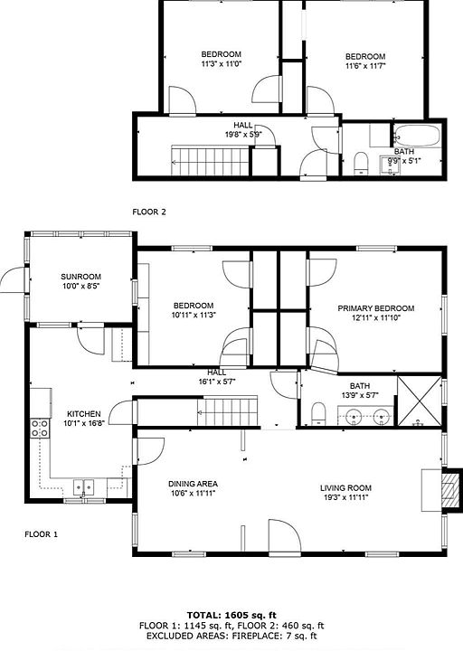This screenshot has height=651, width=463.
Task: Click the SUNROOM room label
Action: point(81,277)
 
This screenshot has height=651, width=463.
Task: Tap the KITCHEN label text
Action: point(84,414)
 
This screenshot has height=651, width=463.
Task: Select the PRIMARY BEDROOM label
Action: point(376,308)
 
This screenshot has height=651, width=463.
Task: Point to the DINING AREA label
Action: point(193,484)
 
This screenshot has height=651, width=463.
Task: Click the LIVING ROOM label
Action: point(345,488)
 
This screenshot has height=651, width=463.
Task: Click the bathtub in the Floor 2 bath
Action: point(417,136)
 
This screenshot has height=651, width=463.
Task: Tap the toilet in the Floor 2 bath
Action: point(361,163)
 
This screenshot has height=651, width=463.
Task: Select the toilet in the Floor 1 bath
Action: point(318,413)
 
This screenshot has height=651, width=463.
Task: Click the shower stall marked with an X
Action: point(419,401)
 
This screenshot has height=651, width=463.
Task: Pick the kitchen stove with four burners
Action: point(40,429)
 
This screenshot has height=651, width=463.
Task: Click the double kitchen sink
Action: point(84,487)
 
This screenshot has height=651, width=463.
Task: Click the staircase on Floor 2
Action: point(211,160)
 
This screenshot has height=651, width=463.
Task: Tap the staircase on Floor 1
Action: point(227,412)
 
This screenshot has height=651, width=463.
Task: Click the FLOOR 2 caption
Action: point(149,212)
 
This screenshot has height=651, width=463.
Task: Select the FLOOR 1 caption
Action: point(41,534)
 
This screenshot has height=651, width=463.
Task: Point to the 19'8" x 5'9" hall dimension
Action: point(242,135)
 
